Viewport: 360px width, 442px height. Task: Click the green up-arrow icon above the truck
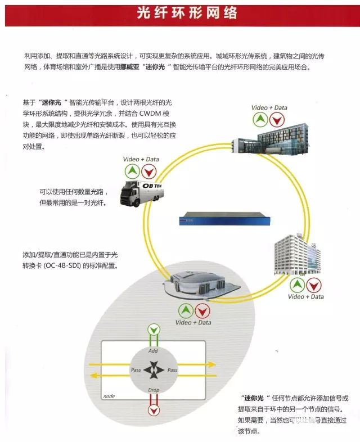coord(130,172)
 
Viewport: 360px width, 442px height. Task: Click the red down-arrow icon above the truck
coord(148,172)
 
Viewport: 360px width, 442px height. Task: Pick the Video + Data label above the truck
coord(141,159)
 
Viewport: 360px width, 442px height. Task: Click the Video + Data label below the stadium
coord(193,323)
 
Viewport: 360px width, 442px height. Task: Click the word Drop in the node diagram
coord(153,390)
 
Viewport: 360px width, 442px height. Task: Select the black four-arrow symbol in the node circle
coord(152,370)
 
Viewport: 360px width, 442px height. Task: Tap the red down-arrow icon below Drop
coord(153,408)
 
